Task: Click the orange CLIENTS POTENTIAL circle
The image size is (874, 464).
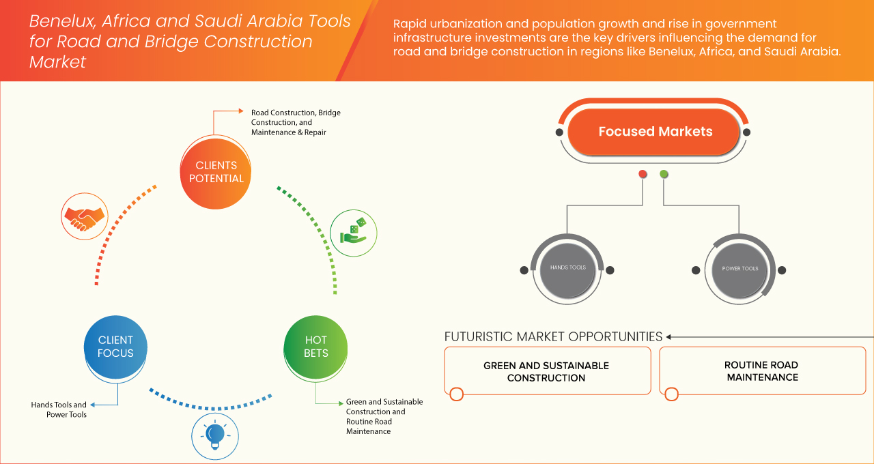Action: pyautogui.click(x=216, y=172)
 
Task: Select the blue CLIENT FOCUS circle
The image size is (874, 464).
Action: pyautogui.click(x=115, y=347)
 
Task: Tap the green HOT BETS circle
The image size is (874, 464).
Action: pyautogui.click(x=315, y=347)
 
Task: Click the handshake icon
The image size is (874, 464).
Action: pyautogui.click(x=83, y=216)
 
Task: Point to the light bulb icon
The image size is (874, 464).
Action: pyautogui.click(x=214, y=435)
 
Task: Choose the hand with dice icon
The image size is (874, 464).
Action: pyautogui.click(x=353, y=232)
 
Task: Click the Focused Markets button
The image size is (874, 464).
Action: pyautogui.click(x=655, y=132)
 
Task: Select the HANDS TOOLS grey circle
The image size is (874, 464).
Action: pyautogui.click(x=567, y=268)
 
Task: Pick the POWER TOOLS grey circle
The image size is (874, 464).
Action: pyautogui.click(x=739, y=269)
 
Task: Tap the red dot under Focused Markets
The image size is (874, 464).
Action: pyautogui.click(x=643, y=174)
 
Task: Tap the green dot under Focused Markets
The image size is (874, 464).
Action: pyautogui.click(x=664, y=174)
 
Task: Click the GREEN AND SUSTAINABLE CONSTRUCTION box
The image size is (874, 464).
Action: pyautogui.click(x=546, y=371)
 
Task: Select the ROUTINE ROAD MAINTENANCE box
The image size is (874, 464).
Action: pyautogui.click(x=761, y=371)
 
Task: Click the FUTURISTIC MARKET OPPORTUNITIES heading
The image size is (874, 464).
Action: pyautogui.click(x=553, y=336)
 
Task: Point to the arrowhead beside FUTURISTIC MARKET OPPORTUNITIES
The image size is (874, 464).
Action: pyautogui.click(x=669, y=336)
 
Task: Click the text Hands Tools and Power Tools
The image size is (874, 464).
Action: pyautogui.click(x=59, y=409)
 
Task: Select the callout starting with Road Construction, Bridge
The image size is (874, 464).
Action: pyautogui.click(x=295, y=122)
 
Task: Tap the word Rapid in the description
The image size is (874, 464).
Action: pyautogui.click(x=410, y=25)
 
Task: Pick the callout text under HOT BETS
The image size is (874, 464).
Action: pyautogui.click(x=384, y=416)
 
